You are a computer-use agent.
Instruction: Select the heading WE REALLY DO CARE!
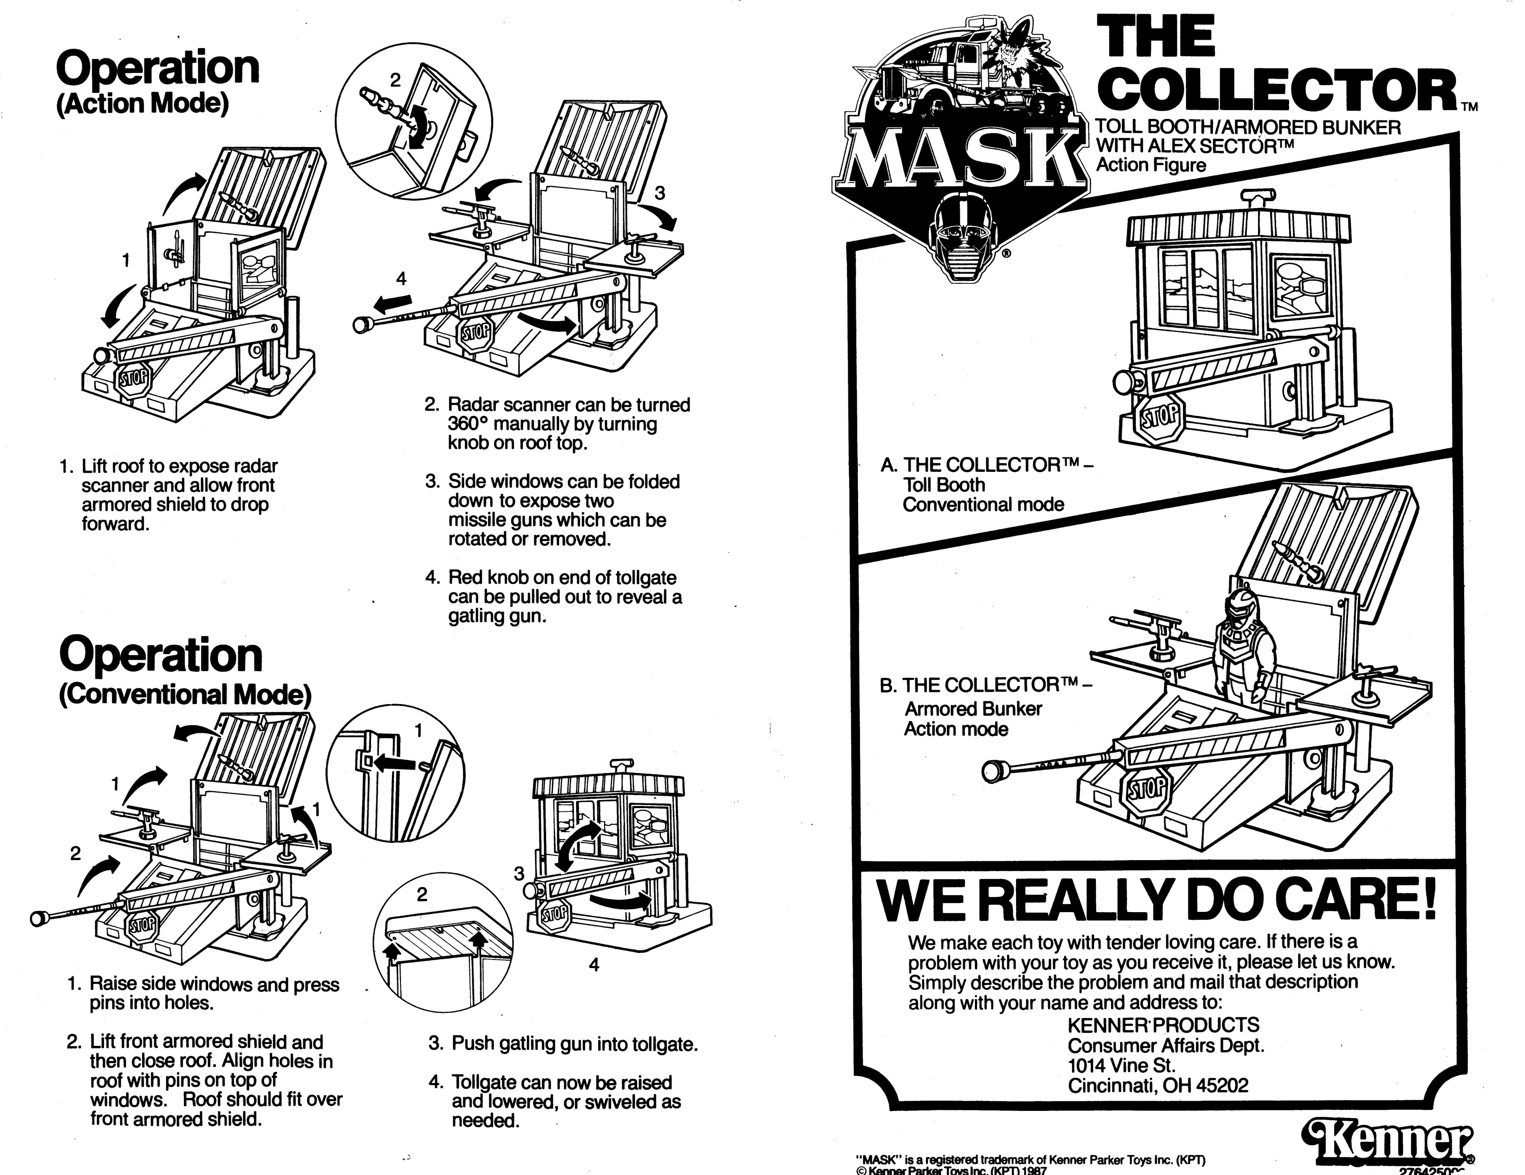[x=1156, y=902]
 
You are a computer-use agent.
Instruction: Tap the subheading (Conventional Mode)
[x=185, y=695]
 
